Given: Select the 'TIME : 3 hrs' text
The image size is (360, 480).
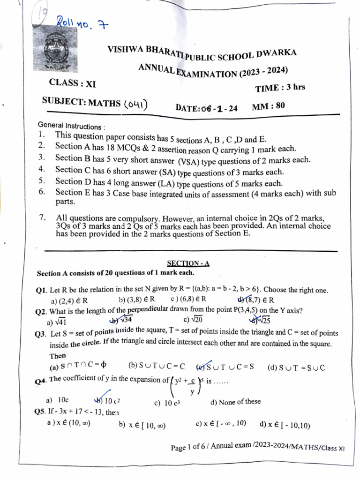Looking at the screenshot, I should click(280, 88).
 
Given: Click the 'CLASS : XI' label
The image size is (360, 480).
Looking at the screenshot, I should click(72, 83).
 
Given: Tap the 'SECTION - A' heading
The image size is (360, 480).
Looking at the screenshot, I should click(188, 263).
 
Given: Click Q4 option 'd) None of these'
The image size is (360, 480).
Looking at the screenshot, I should click(235, 402).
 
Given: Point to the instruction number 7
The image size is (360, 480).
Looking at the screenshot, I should click(42, 217).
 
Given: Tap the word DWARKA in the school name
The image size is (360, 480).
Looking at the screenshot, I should click(277, 53).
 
